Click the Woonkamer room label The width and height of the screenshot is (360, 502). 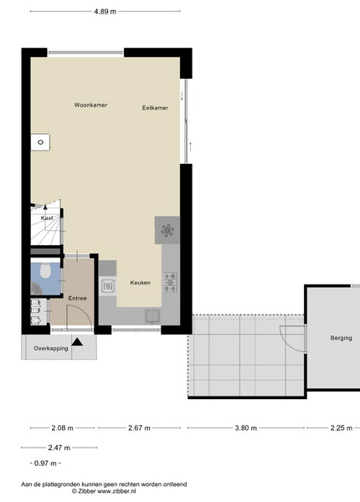(x=90, y=105)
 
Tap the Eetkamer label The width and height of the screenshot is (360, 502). (x=155, y=108)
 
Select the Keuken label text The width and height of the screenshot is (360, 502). (x=141, y=283)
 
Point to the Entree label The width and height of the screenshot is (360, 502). (x=78, y=298)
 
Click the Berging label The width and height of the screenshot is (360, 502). (x=341, y=338)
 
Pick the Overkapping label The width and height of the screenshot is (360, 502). (x=51, y=348)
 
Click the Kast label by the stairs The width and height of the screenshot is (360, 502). (x=47, y=218)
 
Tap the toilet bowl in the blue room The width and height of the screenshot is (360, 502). (x=45, y=270)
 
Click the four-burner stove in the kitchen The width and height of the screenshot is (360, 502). (x=170, y=283)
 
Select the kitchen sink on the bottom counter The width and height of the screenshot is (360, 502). (x=152, y=316)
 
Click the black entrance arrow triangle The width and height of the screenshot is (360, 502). (x=77, y=342)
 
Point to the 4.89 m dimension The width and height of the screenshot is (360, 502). (x=105, y=12)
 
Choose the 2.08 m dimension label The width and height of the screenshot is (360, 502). (x=63, y=428)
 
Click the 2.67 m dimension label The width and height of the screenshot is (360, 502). (x=139, y=428)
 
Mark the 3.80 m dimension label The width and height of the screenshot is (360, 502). (x=246, y=428)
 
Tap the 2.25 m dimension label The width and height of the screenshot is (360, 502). (x=342, y=428)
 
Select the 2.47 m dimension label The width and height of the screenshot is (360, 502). (x=59, y=448)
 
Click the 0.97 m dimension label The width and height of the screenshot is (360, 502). (x=45, y=464)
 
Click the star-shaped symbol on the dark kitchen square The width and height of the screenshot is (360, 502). (x=167, y=230)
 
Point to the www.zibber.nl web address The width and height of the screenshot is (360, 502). (x=116, y=491)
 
